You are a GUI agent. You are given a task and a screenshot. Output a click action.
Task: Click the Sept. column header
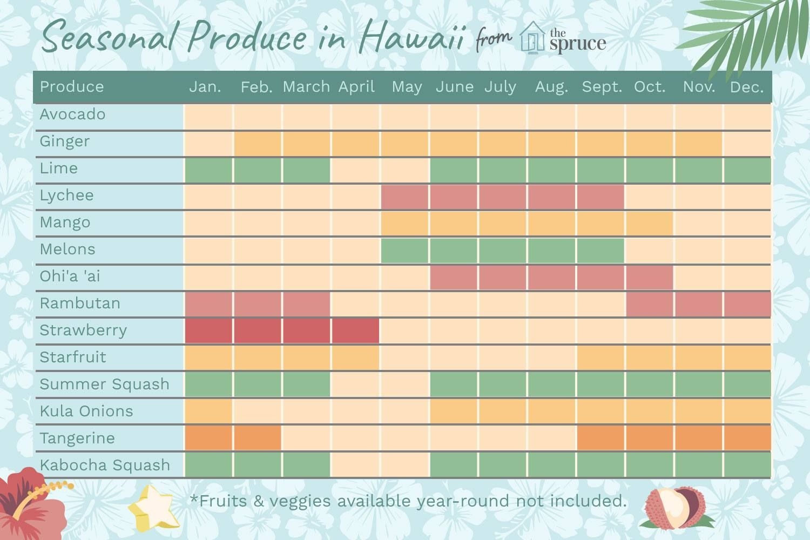tap(602, 87)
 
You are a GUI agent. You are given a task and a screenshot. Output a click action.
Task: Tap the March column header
tap(306, 87)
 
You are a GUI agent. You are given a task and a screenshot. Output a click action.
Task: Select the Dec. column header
tap(747, 87)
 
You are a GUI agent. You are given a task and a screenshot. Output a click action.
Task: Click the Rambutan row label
tap(80, 303)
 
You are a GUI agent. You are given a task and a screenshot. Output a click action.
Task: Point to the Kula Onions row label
tap(86, 411)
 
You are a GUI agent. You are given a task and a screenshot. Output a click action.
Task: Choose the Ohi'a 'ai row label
tap(70, 276)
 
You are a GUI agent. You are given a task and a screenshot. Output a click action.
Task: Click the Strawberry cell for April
tap(356, 330)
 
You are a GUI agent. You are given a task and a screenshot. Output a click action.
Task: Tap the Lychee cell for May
tap(405, 197)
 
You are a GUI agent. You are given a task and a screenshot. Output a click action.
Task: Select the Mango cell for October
tap(650, 224)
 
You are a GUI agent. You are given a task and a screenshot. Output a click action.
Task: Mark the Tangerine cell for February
tap(258, 438)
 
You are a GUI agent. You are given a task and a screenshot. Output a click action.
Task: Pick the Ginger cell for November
tap(699, 144)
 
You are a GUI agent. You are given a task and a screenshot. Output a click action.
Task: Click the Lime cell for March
tap(307, 170)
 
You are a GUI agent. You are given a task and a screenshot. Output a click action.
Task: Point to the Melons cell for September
tap(600, 251)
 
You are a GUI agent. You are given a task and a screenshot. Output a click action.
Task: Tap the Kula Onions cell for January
tap(208, 411)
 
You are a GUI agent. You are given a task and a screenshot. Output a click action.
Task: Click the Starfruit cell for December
tap(747, 357)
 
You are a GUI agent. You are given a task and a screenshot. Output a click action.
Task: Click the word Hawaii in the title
tap(411, 36)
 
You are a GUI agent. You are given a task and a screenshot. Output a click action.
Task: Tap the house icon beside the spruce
tap(532, 38)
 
